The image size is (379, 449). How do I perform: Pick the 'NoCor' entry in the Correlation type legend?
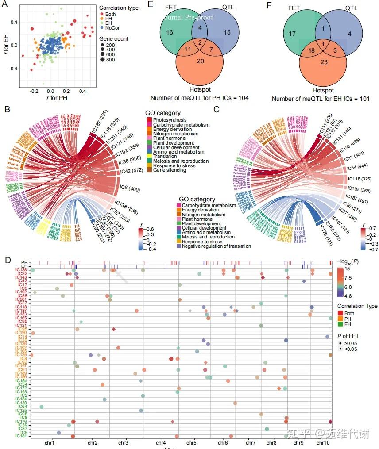click(112, 27)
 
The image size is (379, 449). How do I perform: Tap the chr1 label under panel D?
click(49, 442)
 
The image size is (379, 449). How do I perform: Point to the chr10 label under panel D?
click(323, 442)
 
